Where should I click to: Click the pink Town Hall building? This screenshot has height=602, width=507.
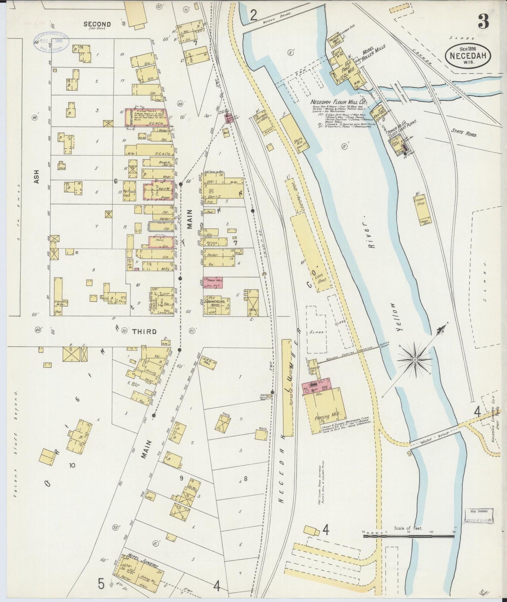213,283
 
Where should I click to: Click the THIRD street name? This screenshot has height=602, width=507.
144,331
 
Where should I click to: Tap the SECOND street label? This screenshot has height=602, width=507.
97,24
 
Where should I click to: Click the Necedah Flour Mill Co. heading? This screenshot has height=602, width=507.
338,102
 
